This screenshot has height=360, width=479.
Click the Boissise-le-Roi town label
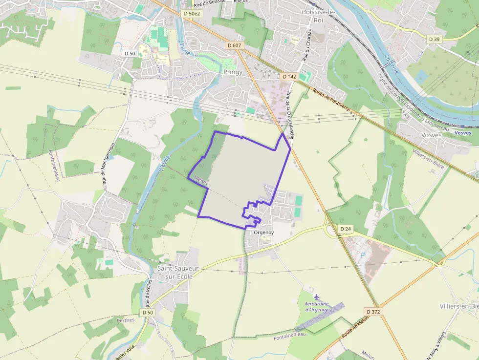pos(319,16)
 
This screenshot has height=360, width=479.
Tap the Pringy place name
pos(233,72)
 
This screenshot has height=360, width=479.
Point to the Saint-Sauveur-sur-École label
pos(175,273)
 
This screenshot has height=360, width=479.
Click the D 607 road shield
pos(235,45)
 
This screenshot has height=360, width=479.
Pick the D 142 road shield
pos(289,77)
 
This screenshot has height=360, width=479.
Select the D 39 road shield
pos(435,39)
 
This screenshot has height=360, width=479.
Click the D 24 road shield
pos(346,229)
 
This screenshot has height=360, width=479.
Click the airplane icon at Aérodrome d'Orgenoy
pos(317,296)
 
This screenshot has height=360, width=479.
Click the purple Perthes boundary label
pos(126,320)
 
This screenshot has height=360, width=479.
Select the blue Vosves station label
pos(462,133)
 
